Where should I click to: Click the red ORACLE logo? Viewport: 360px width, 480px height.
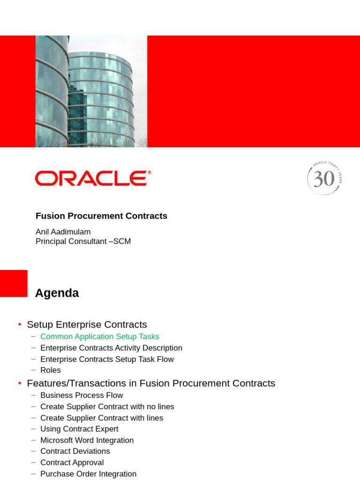point(93,178)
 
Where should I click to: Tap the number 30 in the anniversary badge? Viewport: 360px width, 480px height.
point(324,179)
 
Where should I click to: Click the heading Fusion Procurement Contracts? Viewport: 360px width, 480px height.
point(101,216)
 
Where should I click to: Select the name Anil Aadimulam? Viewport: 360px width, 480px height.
point(63,232)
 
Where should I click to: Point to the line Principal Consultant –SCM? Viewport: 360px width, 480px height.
point(83,241)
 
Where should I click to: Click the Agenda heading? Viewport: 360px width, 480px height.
point(57,293)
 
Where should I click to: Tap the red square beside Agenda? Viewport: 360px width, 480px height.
point(14,283)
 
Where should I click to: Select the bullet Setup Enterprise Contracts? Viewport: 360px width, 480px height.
point(87,324)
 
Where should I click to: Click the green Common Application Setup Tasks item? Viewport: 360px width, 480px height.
point(99,337)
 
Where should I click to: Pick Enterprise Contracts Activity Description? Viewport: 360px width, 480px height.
point(111,348)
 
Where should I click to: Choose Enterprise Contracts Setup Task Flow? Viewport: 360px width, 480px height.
point(107,359)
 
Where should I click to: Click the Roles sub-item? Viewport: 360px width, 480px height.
point(51,370)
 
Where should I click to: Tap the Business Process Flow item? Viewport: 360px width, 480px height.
point(82,395)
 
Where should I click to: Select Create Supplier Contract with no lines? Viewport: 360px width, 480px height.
point(107,406)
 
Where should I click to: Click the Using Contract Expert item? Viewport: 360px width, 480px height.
point(79,429)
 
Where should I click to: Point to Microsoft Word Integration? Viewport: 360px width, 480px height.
point(87,440)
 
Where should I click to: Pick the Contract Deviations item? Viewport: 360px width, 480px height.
point(75,451)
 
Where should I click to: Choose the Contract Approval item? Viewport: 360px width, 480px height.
point(72,463)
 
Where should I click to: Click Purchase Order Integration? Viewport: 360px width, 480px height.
point(88,474)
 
